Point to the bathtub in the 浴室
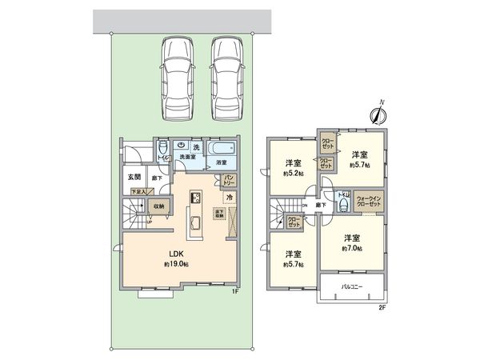(x=220, y=150)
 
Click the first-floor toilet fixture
(x=162, y=148)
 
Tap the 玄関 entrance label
(x=134, y=177)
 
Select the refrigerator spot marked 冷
(x=229, y=197)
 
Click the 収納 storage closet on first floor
(x=159, y=206)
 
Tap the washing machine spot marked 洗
(x=196, y=146)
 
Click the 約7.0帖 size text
(x=351, y=249)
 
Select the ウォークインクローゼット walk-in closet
(x=369, y=201)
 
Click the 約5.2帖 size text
(x=294, y=173)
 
